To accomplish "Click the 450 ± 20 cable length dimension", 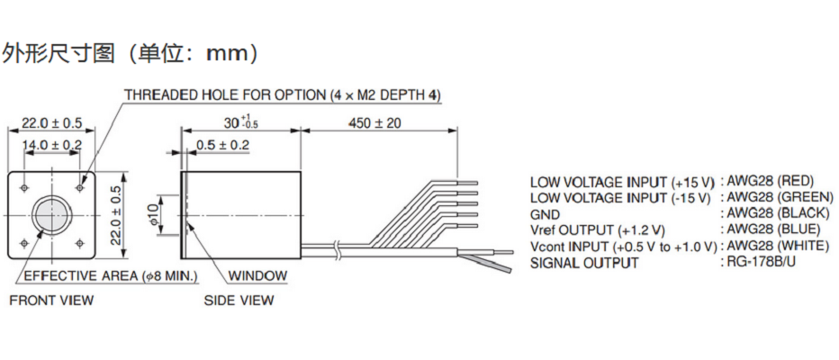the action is pyautogui.click(x=374, y=123).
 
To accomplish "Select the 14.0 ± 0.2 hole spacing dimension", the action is pyautogui.click(x=52, y=144).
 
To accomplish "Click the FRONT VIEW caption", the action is pyautogui.click(x=51, y=300).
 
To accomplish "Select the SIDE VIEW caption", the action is pyautogui.click(x=239, y=300).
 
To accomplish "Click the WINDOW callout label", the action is pyautogui.click(x=257, y=276).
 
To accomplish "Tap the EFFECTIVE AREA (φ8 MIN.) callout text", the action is pyautogui.click(x=112, y=276).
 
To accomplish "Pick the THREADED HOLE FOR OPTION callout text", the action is pyautogui.click(x=283, y=95).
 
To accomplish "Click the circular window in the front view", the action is pyautogui.click(x=52, y=213).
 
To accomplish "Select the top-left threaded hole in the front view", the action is pyautogui.click(x=24, y=187).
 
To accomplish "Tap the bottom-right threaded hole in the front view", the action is pyautogui.click(x=80, y=243).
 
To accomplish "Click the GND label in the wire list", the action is pyautogui.click(x=545, y=215).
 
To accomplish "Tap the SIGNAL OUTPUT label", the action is pyautogui.click(x=584, y=263).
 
